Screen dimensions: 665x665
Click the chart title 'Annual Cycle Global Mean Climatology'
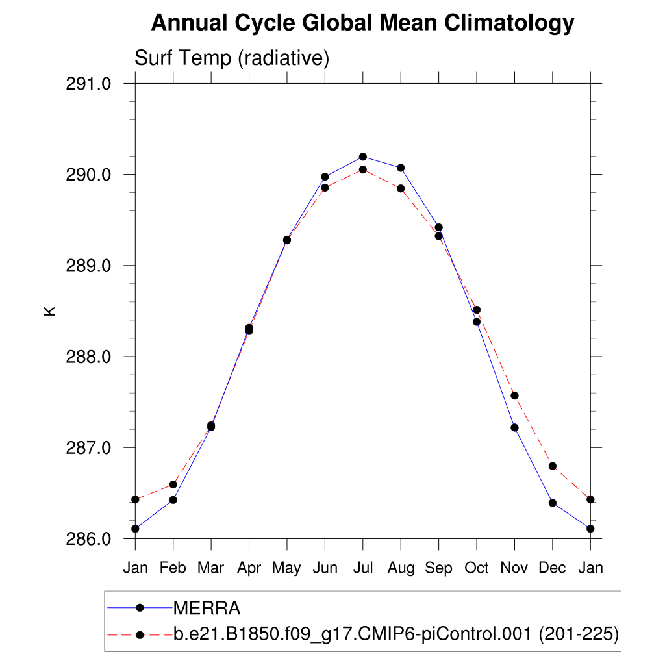[x=362, y=23]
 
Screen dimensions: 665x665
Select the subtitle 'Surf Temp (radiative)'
[x=232, y=58]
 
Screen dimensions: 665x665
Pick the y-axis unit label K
[x=50, y=310]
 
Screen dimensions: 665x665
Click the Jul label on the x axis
[x=362, y=568]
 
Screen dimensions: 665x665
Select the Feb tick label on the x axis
[x=173, y=568]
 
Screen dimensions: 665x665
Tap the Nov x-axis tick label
[x=514, y=568]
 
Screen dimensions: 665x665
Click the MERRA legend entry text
[x=207, y=609]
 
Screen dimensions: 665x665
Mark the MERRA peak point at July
[x=363, y=157]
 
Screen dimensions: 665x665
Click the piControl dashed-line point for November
[x=514, y=395]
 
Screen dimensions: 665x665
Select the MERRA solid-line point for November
[x=514, y=427]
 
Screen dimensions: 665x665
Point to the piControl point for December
[x=553, y=466]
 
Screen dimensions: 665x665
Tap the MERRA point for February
[x=173, y=499]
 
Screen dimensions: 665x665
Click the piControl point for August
[x=401, y=188]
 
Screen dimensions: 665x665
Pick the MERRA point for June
[x=325, y=177]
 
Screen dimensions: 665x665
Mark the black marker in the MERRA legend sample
[x=139, y=608]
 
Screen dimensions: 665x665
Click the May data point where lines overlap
[x=287, y=240]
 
